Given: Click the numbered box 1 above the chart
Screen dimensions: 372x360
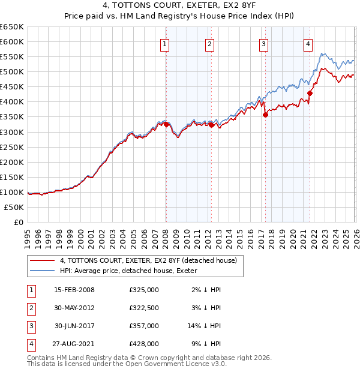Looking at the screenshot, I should tap(165, 43).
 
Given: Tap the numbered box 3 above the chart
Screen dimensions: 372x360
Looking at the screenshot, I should tap(264, 43).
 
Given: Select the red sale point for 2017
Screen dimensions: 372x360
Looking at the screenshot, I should tap(265, 115).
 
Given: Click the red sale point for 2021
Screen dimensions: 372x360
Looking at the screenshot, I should tap(310, 93).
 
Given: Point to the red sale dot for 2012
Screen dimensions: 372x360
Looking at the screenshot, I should tap(211, 125).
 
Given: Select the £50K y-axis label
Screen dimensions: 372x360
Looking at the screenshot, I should tap(14, 207).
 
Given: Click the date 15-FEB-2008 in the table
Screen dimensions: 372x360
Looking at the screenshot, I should tap(74, 290).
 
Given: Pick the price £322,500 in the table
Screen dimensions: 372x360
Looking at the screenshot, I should tap(144, 308).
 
